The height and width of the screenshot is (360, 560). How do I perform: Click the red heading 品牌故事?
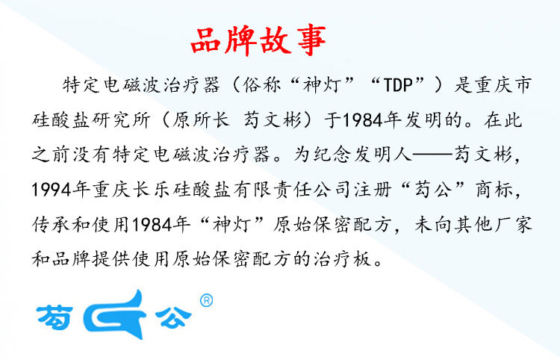tap(258, 40)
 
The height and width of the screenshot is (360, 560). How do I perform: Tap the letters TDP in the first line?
tap(398, 85)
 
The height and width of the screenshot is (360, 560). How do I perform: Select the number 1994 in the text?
tap(52, 190)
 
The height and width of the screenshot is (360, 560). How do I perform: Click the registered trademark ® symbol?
tap(206, 301)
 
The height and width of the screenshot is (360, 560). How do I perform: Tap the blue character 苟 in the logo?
tap(55, 317)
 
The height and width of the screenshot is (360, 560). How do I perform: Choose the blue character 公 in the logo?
tap(173, 317)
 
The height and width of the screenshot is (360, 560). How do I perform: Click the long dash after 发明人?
tap(433, 155)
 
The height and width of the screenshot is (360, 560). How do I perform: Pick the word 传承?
tap(51, 225)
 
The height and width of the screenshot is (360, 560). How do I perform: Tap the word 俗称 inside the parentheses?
tap(262, 85)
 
